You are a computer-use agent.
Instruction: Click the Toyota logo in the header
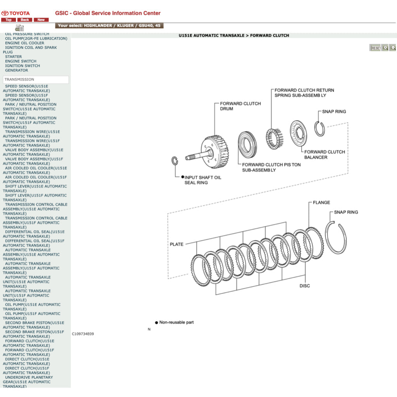16,13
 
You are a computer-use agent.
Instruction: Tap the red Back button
25,20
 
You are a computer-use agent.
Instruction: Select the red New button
41,20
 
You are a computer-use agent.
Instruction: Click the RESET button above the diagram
375,48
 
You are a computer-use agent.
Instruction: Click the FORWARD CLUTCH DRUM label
240,106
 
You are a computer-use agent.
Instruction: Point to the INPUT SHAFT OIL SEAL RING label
203,180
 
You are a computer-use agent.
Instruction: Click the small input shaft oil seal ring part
174,161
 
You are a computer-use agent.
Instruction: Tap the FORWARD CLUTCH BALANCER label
325,155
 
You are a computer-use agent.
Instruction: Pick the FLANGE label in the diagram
321,202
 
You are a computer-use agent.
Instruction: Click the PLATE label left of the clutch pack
176,244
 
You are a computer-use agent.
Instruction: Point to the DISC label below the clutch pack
305,286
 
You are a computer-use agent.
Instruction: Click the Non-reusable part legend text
176,323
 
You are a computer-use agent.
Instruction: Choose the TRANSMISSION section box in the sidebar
36,79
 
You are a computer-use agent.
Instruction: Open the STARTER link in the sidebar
14,57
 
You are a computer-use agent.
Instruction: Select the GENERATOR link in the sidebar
17,70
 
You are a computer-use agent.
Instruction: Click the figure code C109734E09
83,334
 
